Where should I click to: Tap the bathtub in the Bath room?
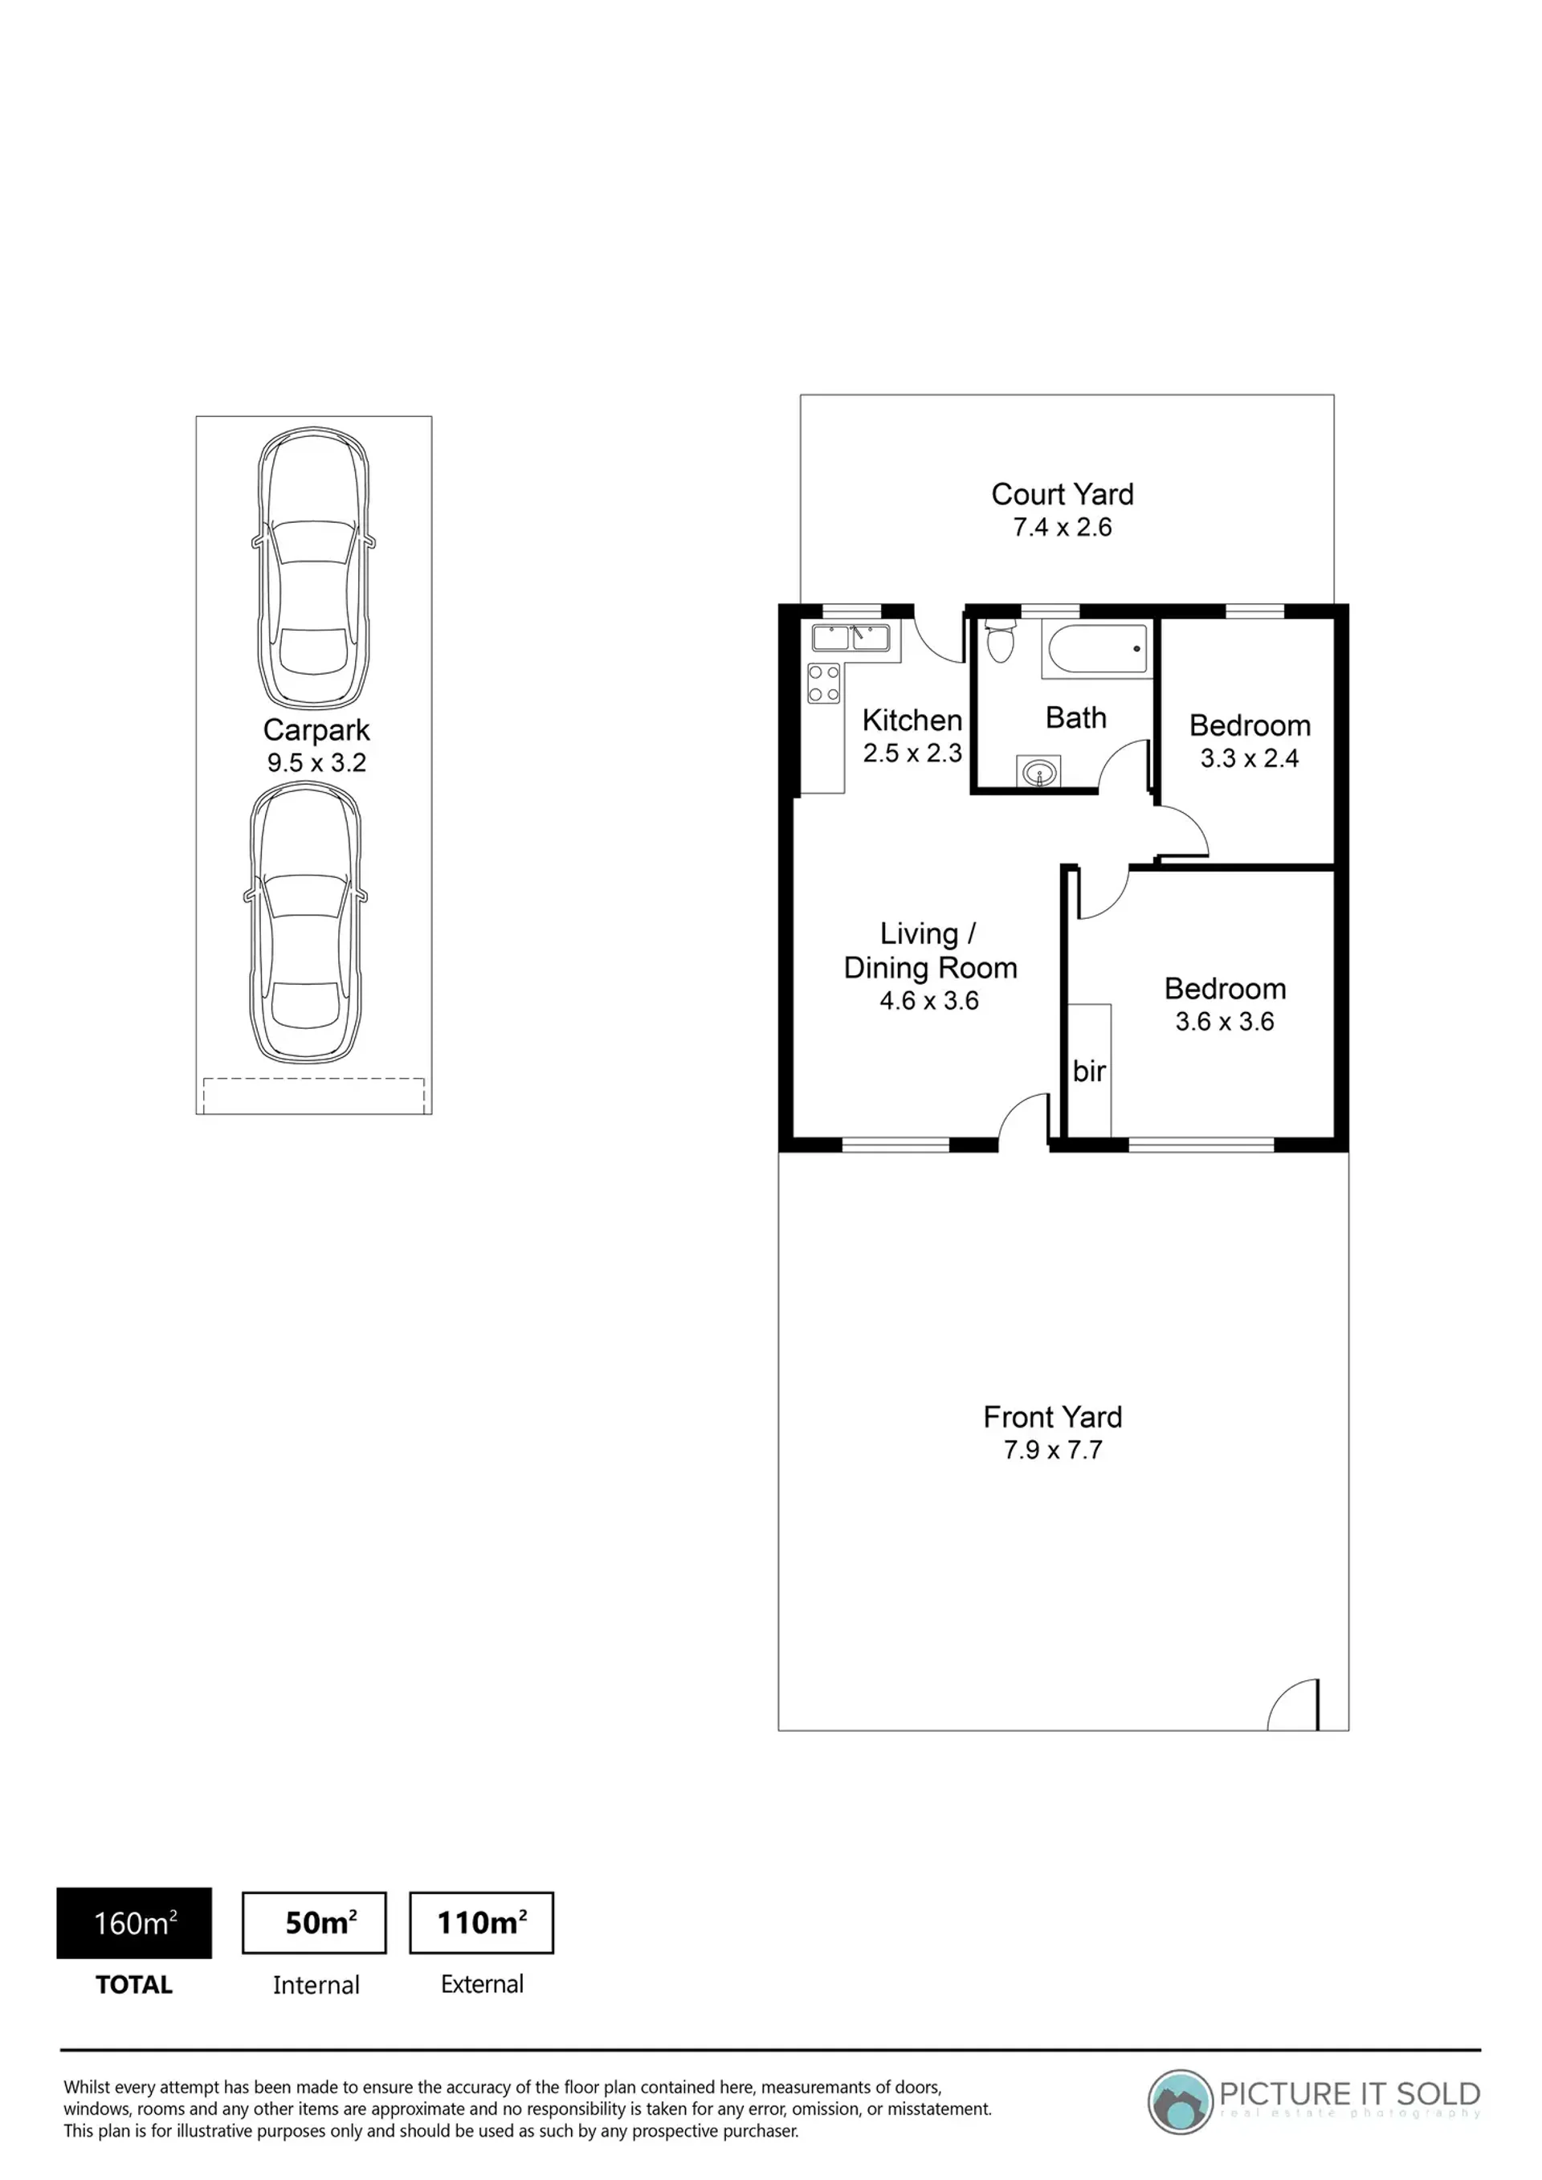[x=1098, y=648]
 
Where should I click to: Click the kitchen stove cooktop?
[x=823, y=683]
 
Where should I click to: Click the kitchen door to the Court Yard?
[x=938, y=638]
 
